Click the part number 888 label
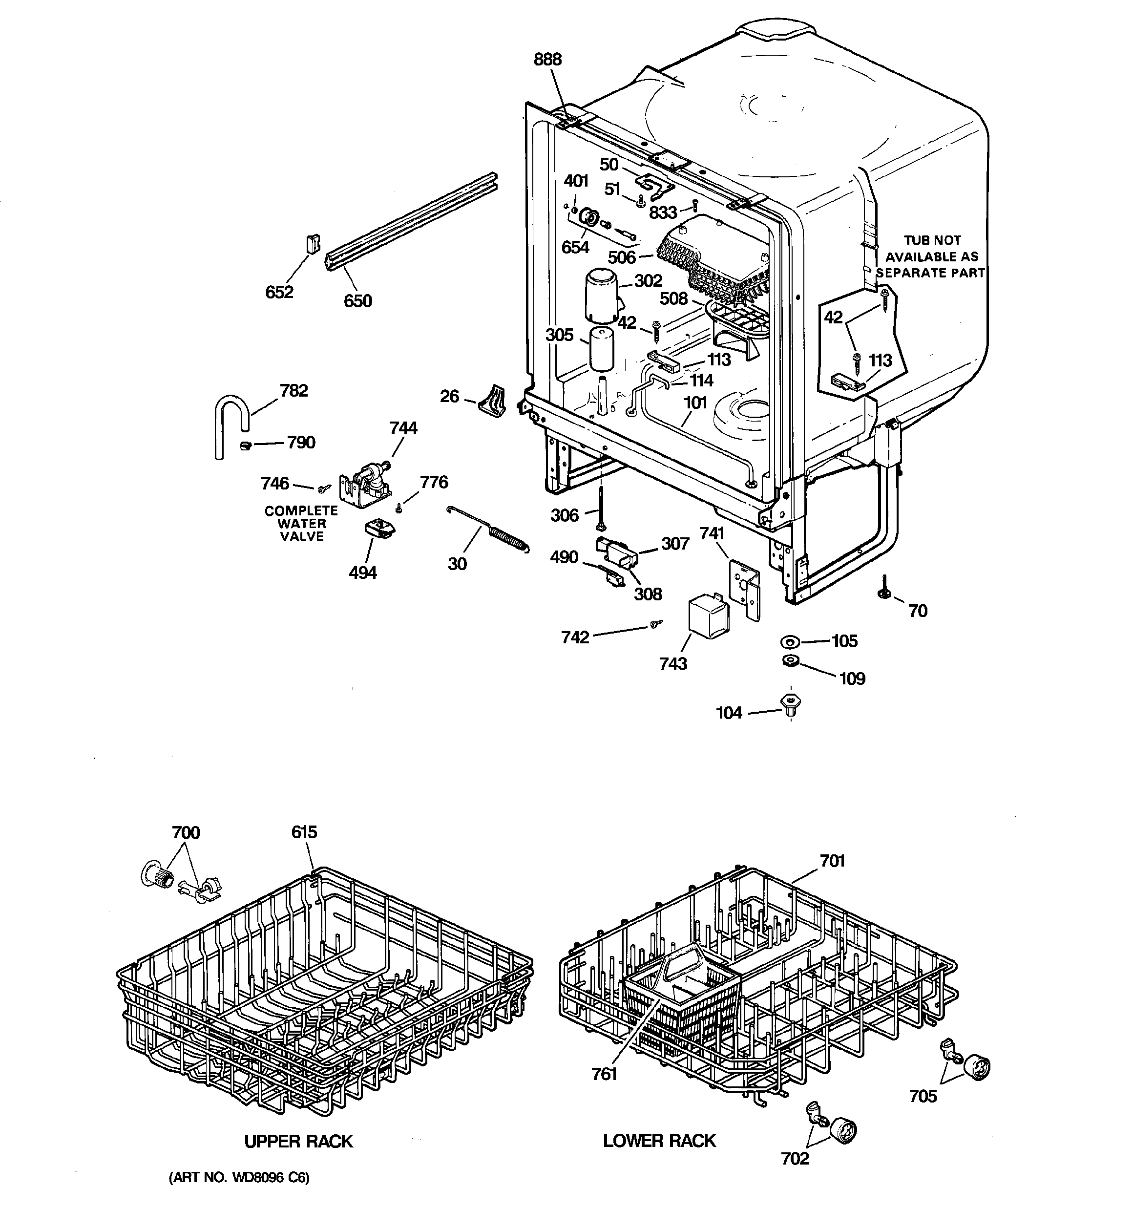pos(547,60)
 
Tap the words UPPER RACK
pos(298,1142)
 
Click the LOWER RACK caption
pos(659,1141)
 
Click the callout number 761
pos(604,1075)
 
